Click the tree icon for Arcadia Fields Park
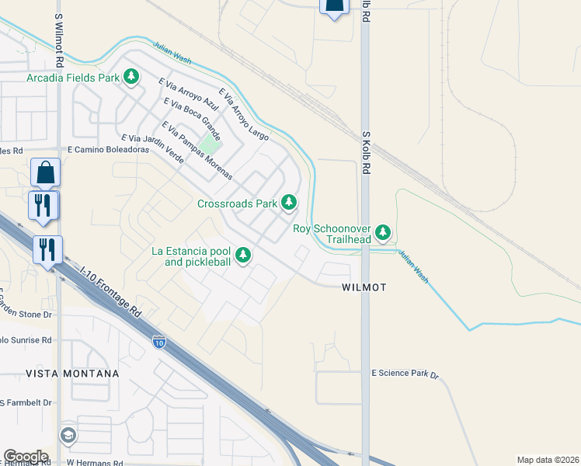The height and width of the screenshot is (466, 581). pos(132,76)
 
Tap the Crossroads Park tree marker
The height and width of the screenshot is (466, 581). pos(289,203)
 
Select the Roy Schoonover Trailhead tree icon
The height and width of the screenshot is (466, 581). pos(382,232)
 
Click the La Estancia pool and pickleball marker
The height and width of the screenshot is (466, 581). pos(243,254)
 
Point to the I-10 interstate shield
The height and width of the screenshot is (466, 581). pos(158,341)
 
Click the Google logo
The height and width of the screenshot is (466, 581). pos(26,456)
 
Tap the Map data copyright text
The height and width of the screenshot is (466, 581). pos(548,460)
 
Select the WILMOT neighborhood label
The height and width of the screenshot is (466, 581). pos(364,287)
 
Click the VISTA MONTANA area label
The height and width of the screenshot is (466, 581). pos(61,374)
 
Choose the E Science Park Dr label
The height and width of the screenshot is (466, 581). pos(405,374)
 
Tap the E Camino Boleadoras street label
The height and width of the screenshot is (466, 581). pos(108,149)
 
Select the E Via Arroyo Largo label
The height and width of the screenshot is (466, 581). pos(243,114)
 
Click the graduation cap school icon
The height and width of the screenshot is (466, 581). pos(68,435)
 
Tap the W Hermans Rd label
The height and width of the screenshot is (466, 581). pos(95,462)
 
